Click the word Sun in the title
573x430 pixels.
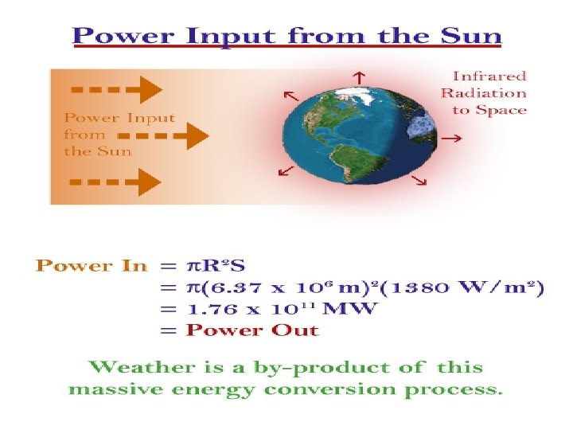click(x=470, y=36)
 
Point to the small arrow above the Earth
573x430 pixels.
click(x=360, y=76)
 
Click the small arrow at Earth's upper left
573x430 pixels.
click(x=291, y=96)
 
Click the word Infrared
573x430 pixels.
click(x=489, y=76)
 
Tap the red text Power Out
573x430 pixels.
click(x=252, y=330)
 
